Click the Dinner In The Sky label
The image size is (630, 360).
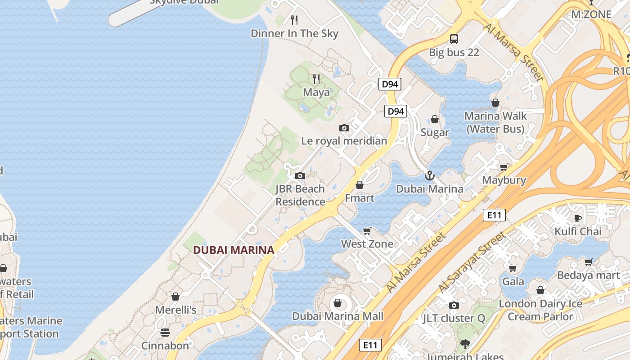pyautogui.click(x=294, y=33)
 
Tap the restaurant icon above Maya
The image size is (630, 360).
pyautogui.click(x=316, y=79)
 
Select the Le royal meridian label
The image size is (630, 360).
pyautogui.click(x=344, y=141)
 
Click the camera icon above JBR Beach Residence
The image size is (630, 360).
pyautogui.click(x=300, y=175)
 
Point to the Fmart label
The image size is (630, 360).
pyautogui.click(x=360, y=198)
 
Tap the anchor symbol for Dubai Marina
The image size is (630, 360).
pyautogui.click(x=430, y=175)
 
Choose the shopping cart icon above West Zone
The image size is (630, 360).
pyautogui.click(x=367, y=231)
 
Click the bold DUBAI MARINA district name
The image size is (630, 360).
pyautogui.click(x=234, y=250)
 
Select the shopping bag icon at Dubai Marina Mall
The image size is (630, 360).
pyautogui.click(x=337, y=303)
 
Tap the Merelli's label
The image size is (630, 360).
pyautogui.click(x=175, y=310)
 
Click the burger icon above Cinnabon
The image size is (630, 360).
pyautogui.click(x=165, y=333)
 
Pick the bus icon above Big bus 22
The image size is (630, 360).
pyautogui.click(x=454, y=39)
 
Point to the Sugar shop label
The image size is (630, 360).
pyautogui.click(x=435, y=132)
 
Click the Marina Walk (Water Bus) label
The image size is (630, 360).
pyautogui.click(x=495, y=122)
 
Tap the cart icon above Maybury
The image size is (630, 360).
pyautogui.click(x=504, y=167)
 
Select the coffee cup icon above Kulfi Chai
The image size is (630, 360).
pyautogui.click(x=578, y=218)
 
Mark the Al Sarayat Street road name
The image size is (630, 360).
pyautogui.click(x=472, y=261)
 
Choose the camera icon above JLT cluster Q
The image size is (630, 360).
pyautogui.click(x=454, y=306)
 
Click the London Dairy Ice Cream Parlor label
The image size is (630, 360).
pyautogui.click(x=540, y=310)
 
